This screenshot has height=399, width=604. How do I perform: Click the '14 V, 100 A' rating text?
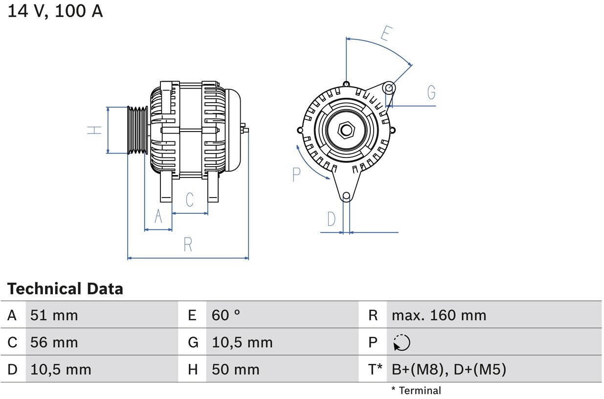(x=55, y=11)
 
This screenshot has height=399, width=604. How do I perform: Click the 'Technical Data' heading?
(x=65, y=288)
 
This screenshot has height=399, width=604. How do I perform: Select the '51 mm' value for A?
(x=54, y=315)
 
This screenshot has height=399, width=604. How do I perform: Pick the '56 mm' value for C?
(x=54, y=342)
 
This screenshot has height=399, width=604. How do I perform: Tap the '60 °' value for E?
(x=226, y=315)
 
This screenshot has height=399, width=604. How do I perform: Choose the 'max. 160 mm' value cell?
(x=439, y=315)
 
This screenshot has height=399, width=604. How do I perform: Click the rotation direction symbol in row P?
(x=402, y=343)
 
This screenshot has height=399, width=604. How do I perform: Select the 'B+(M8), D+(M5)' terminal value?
(x=448, y=370)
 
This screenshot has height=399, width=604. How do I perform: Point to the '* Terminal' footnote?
(x=416, y=390)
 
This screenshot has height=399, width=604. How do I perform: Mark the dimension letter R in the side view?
(x=188, y=244)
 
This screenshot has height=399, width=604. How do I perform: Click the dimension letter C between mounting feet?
(x=190, y=199)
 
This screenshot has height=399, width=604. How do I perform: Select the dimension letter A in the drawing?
(x=158, y=216)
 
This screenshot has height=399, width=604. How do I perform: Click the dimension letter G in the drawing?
(x=431, y=92)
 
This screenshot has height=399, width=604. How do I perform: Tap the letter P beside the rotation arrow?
(x=296, y=174)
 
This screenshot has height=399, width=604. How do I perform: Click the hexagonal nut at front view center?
(x=346, y=130)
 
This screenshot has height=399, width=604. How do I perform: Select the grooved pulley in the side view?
(x=138, y=130)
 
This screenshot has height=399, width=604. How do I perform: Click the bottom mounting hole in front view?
(x=346, y=196)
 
